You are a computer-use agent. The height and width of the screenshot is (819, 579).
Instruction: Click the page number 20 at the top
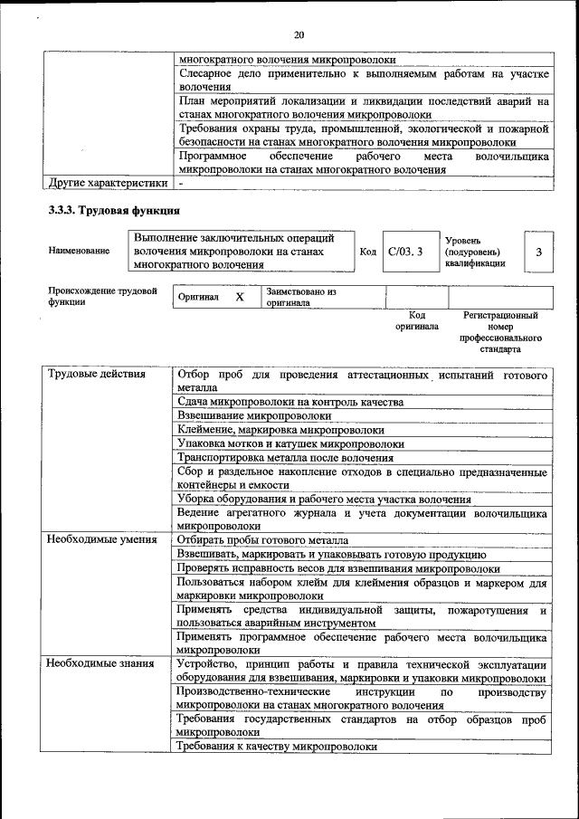coord(299,35)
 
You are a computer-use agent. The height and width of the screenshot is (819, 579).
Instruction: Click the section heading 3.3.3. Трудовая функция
coord(107,211)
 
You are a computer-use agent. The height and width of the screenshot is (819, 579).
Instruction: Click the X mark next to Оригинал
coord(239,297)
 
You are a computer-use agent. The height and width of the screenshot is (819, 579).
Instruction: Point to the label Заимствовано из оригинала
coord(301,298)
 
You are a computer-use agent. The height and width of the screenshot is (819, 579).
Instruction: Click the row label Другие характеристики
coord(108,183)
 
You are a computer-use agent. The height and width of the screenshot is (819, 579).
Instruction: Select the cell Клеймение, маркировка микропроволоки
coord(280,430)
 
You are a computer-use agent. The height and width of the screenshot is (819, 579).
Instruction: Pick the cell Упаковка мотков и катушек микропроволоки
coord(290,443)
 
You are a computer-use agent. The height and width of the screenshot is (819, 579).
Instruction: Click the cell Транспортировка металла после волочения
coord(285,458)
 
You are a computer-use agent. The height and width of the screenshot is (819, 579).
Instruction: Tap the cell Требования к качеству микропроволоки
coord(277,747)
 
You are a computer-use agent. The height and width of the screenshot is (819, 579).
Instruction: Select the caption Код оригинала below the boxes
coord(417,320)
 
